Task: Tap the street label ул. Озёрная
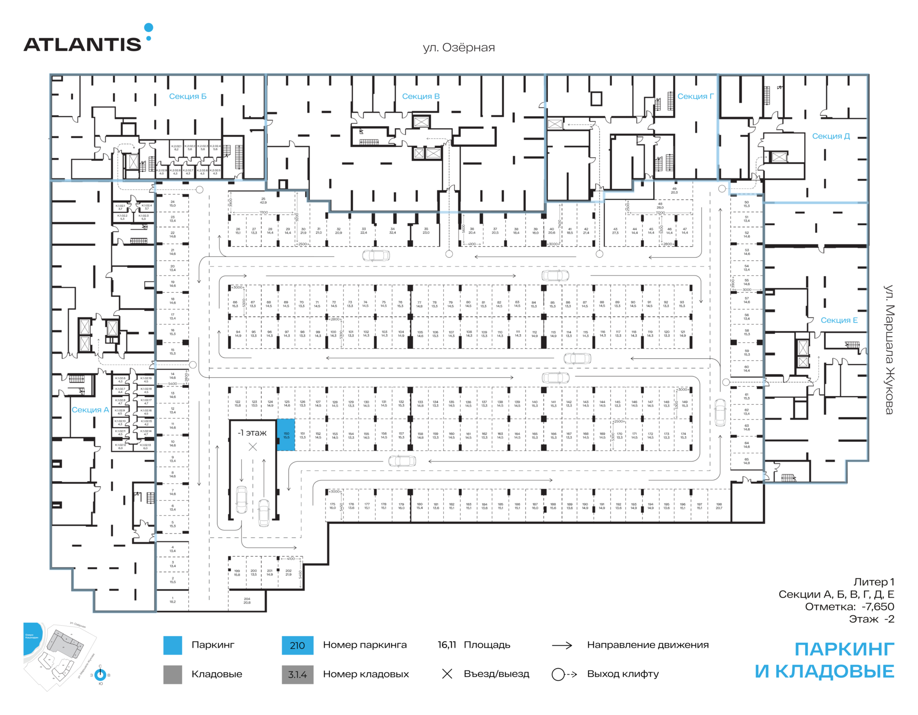click(459, 47)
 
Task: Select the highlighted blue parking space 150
click(286, 435)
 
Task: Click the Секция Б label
click(187, 96)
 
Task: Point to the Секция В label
click(420, 96)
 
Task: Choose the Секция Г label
click(695, 96)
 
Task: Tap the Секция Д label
click(831, 136)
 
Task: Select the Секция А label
click(90, 410)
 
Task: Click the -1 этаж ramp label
click(252, 433)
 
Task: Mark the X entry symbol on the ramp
click(253, 447)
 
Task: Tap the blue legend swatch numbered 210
click(297, 645)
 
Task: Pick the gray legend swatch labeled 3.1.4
click(297, 674)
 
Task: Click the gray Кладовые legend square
click(173, 674)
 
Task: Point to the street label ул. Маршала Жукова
click(888, 349)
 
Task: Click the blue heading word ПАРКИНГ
click(844, 649)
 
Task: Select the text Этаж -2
click(871, 619)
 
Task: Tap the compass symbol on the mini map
click(100, 675)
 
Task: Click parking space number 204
click(247, 600)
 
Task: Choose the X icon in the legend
click(447, 674)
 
